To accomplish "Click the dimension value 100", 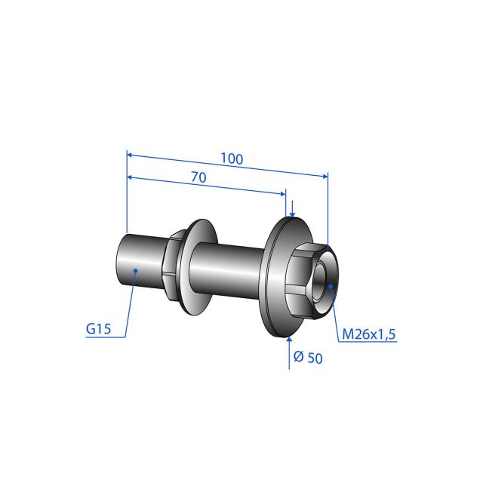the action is click(x=232, y=159).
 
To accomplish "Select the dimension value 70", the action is click(x=199, y=177).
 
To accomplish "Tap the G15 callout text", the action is click(x=98, y=329).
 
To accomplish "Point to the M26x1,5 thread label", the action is click(x=369, y=334).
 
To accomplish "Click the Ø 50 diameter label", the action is click(x=308, y=357).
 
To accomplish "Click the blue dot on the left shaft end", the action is click(x=135, y=270).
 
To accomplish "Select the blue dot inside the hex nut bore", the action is click(x=331, y=287).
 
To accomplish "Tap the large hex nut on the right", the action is click(x=311, y=280).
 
